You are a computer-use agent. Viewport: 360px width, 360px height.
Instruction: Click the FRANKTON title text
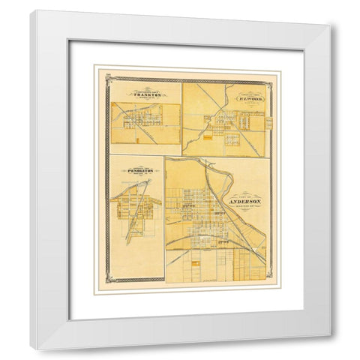pyautogui.click(x=145, y=94)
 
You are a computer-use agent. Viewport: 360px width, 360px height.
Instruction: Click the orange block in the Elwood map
pyautogui.click(x=218, y=137)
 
